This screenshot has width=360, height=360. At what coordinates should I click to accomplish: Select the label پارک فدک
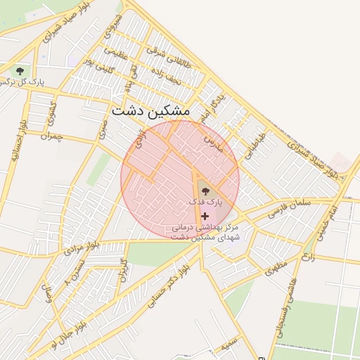pyautogui.click(x=205, y=201)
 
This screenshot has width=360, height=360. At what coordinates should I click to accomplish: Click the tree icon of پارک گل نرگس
pyautogui.click(x=19, y=71)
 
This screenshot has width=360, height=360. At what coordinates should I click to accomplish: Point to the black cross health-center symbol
pyautogui.click(x=205, y=216)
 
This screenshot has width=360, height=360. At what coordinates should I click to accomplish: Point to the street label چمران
pyautogui.click(x=52, y=136)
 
